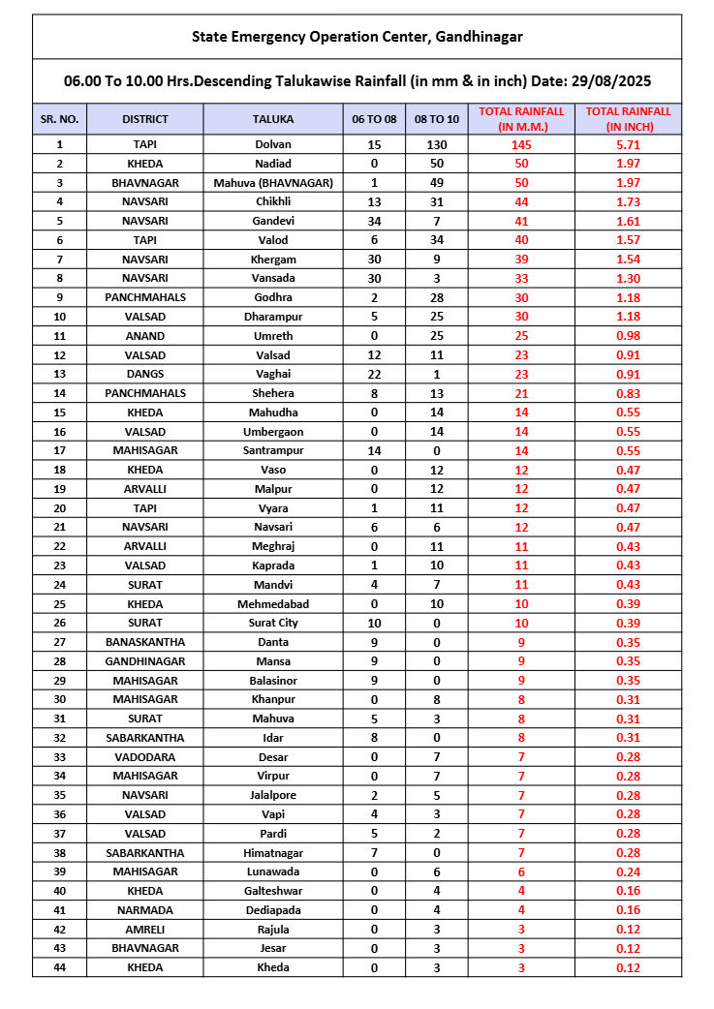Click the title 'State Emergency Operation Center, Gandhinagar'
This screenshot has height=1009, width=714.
click(x=357, y=37)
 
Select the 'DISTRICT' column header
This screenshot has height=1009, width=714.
click(x=145, y=119)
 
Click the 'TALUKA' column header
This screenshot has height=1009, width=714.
click(x=272, y=119)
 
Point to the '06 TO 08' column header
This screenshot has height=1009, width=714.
click(x=374, y=119)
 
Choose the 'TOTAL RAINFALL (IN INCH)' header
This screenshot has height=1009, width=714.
click(x=629, y=119)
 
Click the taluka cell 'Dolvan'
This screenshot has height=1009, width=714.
click(x=272, y=144)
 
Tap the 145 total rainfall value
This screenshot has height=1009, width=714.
click(x=521, y=144)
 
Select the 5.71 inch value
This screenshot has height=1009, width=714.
click(x=629, y=144)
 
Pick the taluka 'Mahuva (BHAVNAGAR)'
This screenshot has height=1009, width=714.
click(x=272, y=182)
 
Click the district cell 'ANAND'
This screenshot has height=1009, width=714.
click(x=145, y=336)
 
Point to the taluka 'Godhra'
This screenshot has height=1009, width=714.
click(x=272, y=297)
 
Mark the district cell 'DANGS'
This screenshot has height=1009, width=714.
click(x=145, y=374)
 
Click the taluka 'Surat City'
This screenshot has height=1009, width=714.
click(x=272, y=623)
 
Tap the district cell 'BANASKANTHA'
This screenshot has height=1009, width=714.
click(x=145, y=642)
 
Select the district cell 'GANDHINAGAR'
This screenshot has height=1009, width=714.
click(x=145, y=661)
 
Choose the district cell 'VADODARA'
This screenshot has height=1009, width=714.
click(x=145, y=757)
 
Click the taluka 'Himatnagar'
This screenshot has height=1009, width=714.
click(x=272, y=853)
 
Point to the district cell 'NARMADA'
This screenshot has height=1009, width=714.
click(x=145, y=910)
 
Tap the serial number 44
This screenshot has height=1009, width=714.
click(x=59, y=967)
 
